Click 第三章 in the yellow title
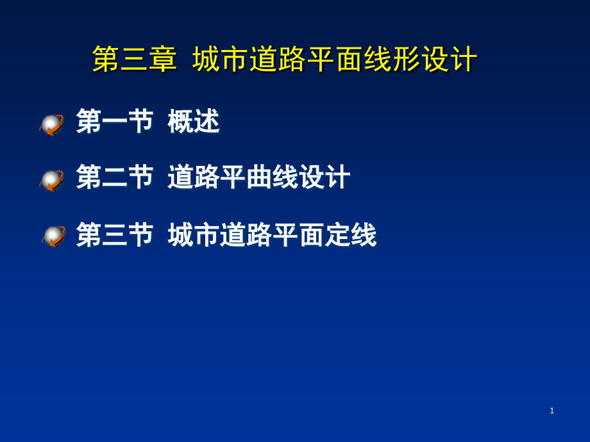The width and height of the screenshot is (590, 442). coord(134,59)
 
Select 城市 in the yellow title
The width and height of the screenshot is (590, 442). coord(221,59)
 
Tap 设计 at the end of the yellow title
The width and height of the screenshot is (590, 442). coord(449,59)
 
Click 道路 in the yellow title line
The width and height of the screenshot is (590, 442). coord(278,59)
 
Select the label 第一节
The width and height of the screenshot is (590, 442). coord(115,121)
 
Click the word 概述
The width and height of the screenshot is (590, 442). coord(194,121)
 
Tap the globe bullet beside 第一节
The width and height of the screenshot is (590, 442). coord(51,125)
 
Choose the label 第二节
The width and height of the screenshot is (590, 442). coord(115,177)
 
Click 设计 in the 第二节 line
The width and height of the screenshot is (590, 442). coord(324,177)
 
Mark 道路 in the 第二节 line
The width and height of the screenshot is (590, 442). coord(194,177)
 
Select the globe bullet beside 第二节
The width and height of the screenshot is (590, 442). coord(51,181)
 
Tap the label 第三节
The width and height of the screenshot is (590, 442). coord(115,234)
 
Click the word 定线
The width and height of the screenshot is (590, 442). coord(351,234)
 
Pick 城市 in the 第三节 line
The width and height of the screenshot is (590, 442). coord(194,234)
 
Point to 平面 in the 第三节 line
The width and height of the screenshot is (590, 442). coord(298,234)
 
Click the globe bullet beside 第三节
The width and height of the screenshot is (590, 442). coord(54,236)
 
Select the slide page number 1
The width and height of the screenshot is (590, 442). coord(552,411)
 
